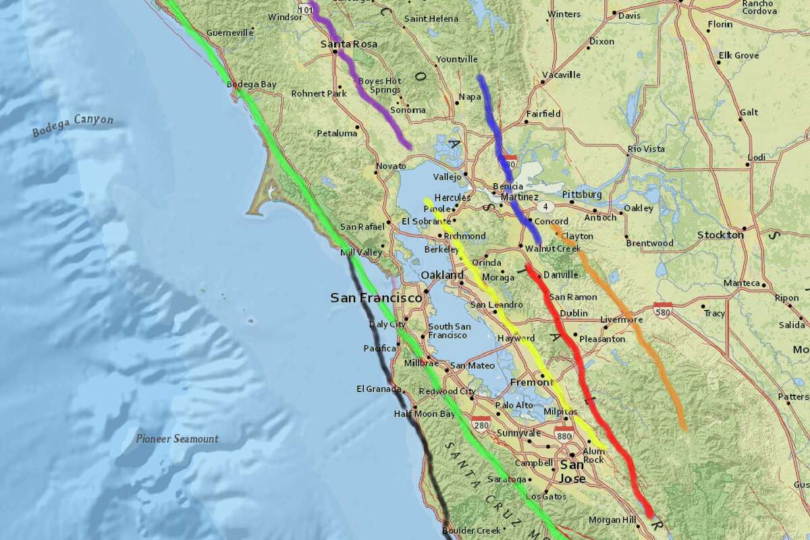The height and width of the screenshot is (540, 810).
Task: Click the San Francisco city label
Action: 375,298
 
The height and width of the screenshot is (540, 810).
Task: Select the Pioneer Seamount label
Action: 176,439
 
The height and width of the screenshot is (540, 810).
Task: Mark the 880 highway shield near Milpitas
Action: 565,435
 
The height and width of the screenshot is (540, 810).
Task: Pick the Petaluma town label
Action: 337,133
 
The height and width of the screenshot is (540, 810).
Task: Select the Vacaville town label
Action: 561,75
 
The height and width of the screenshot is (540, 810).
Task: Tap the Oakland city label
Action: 442,275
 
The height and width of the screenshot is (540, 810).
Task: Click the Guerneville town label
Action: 230,32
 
